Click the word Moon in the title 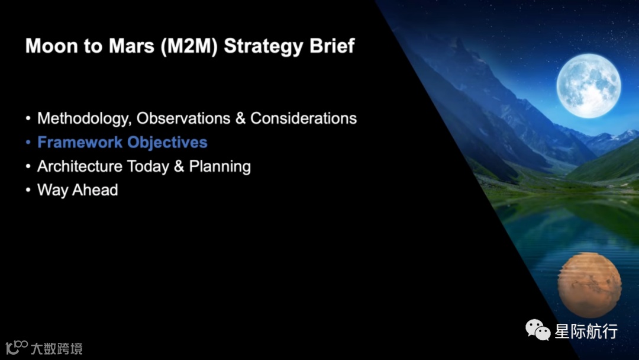pyautogui.click(x=51, y=46)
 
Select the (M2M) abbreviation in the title pyautogui.click(x=189, y=46)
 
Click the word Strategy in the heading pyautogui.click(x=264, y=46)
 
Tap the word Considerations pyautogui.click(x=304, y=118)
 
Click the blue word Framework pyautogui.click(x=80, y=142)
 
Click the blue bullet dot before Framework pyautogui.click(x=28, y=142)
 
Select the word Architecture pyautogui.click(x=80, y=166)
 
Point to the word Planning pyautogui.click(x=220, y=167)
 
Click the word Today pyautogui.click(x=148, y=167)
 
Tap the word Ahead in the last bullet pyautogui.click(x=95, y=190)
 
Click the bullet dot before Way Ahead pyautogui.click(x=28, y=190)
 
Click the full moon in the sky pyautogui.click(x=589, y=86)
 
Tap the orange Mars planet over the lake pyautogui.click(x=590, y=285)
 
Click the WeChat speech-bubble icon pyautogui.click(x=537, y=329)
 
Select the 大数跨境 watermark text pyautogui.click(x=57, y=349)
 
